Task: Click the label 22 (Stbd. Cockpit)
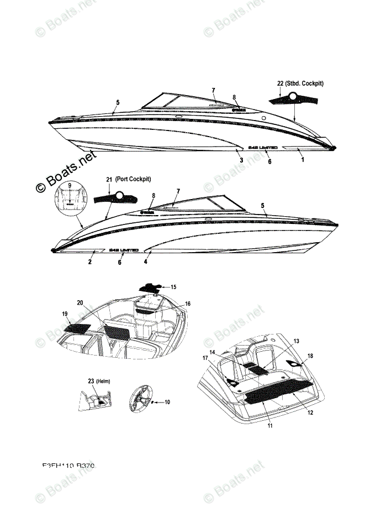pos(300,83)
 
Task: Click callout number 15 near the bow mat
pos(173,287)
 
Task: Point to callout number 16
pos(188,304)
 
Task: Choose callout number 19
pos(65,314)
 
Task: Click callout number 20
pos(80,302)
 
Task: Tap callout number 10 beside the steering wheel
pos(167,402)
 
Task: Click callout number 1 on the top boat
pos(302,159)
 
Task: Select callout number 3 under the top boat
pos(241,160)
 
